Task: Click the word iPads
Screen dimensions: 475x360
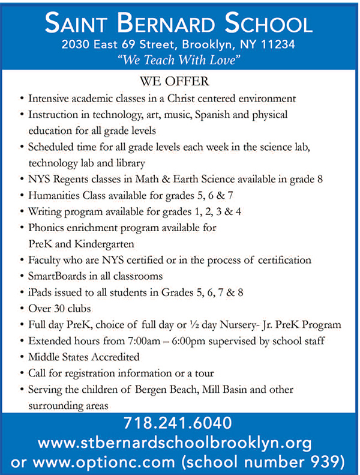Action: click(40, 293)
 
